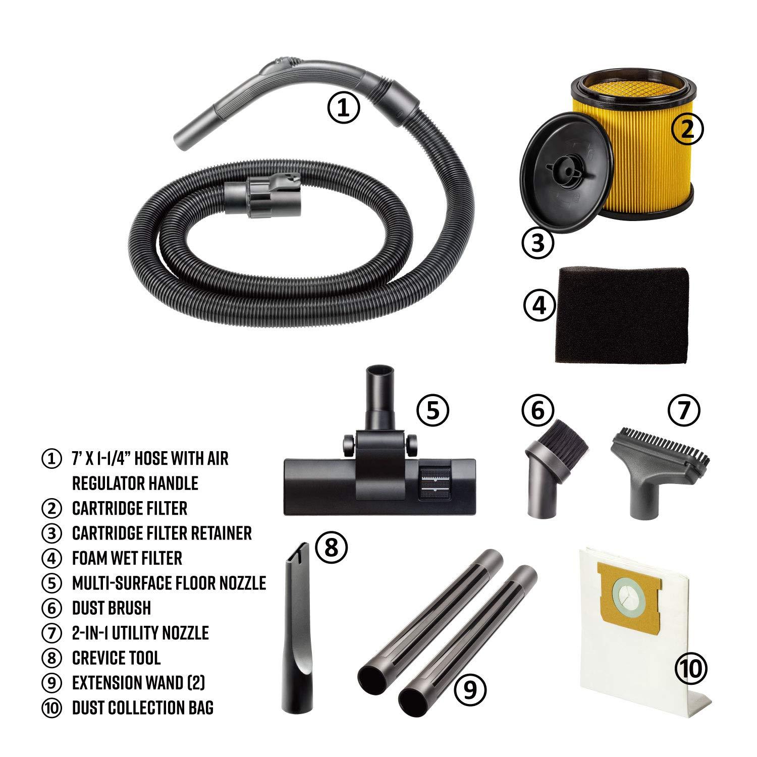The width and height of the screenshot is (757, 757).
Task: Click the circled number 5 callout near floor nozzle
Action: pyautogui.click(x=432, y=411)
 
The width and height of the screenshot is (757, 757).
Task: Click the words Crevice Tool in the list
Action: pyautogui.click(x=116, y=658)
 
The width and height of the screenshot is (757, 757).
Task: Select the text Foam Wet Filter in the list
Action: pyautogui.click(x=127, y=558)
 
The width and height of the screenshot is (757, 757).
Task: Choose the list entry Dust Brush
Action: pyautogui.click(x=112, y=608)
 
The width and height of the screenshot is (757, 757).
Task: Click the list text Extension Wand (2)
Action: pyautogui.click(x=138, y=683)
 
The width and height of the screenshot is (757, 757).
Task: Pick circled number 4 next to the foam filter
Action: pyautogui.click(x=539, y=305)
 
